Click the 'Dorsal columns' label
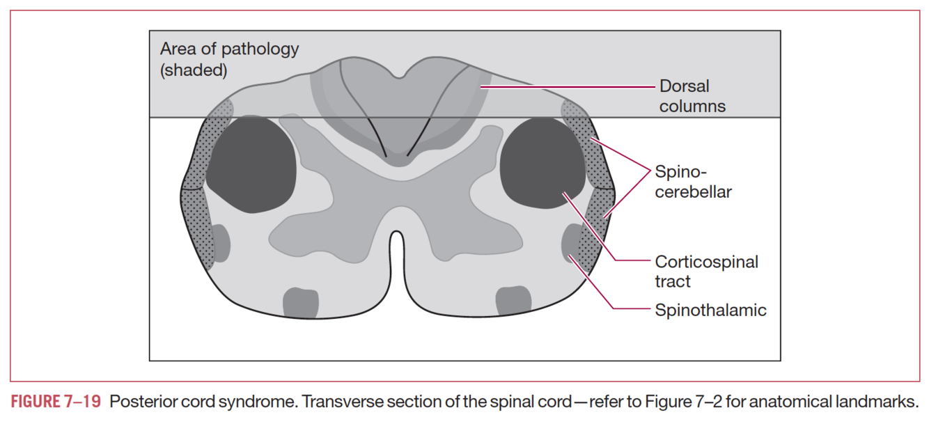(x=692, y=96)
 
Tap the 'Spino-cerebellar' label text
(x=693, y=182)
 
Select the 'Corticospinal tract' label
(x=706, y=271)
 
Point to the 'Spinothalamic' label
(x=710, y=310)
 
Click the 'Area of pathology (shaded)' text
(x=229, y=59)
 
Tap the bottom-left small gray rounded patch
(x=301, y=301)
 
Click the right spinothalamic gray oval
(x=570, y=243)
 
